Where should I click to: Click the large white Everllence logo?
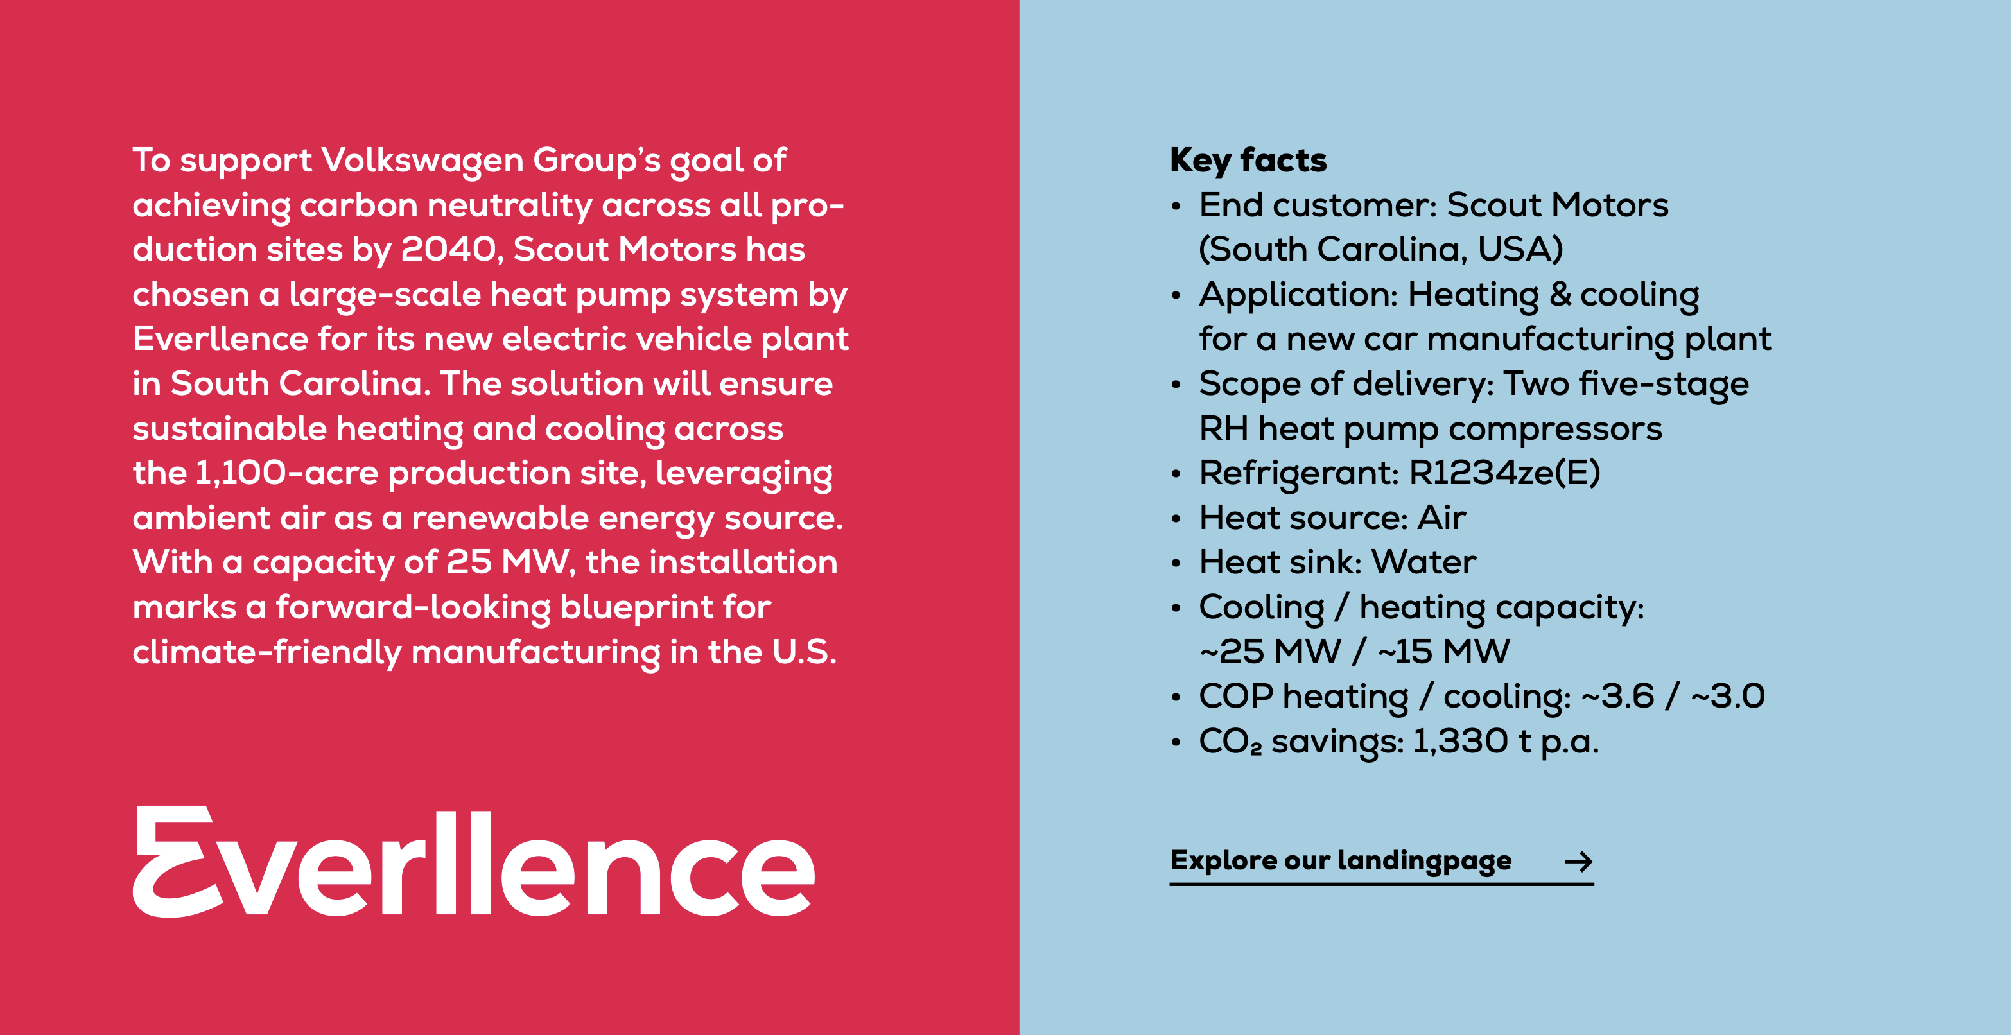[x=474, y=862]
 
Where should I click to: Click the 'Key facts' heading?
[x=1248, y=161]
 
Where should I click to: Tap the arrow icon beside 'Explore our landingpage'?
[x=1578, y=862]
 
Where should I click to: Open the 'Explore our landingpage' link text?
[x=1341, y=860]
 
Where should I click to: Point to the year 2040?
[x=448, y=250]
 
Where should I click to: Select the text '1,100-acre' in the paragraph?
[x=287, y=473]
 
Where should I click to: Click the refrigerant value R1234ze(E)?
[x=1504, y=473]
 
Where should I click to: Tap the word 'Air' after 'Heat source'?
[x=1442, y=517]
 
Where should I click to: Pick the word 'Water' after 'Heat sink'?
[x=1424, y=562]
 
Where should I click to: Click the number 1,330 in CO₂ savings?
[x=1460, y=742]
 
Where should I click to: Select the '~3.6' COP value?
[x=1617, y=696]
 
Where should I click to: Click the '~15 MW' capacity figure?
[x=1444, y=652]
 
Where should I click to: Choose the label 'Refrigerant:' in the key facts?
[x=1299, y=473]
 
